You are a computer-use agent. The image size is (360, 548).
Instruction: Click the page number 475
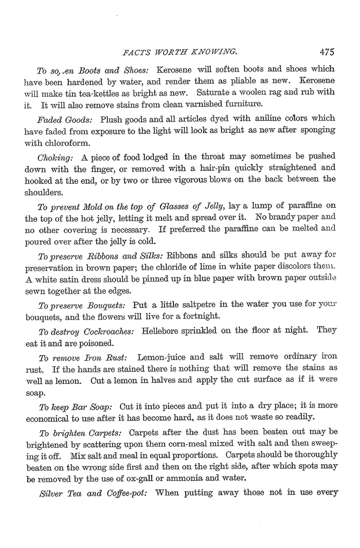point(327,51)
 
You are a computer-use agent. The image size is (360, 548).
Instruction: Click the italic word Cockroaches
point(109,330)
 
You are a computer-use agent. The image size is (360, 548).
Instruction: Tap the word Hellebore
point(161,330)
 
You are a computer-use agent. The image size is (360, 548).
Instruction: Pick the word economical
point(50,417)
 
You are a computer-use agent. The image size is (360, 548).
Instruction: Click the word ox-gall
point(162,478)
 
